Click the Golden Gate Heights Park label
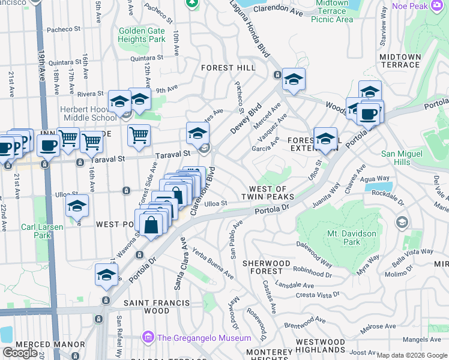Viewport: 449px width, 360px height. (142, 35)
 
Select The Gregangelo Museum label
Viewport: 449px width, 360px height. (203, 338)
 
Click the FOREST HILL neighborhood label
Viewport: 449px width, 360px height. (228, 68)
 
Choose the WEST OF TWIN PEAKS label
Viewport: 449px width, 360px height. (267, 193)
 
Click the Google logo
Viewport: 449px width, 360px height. (20, 352)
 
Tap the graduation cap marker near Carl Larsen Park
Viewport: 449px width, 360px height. (77, 206)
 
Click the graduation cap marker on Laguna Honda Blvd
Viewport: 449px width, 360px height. (294, 79)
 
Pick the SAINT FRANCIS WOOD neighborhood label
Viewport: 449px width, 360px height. (157, 307)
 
